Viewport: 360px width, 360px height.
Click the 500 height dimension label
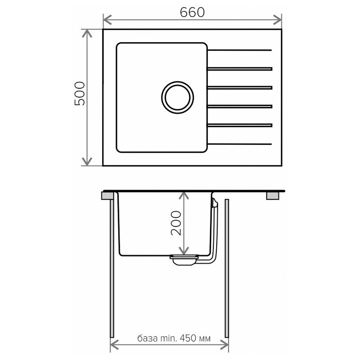point(80,93)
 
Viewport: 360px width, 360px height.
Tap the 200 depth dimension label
point(176,223)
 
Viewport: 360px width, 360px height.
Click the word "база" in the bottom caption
point(147,338)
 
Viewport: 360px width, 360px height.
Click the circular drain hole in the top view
point(177,97)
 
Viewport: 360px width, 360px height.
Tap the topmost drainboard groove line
point(240,50)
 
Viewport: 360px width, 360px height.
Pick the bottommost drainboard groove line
point(240,144)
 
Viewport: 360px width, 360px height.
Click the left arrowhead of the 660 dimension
point(107,20)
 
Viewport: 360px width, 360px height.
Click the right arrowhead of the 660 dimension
point(277,20)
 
